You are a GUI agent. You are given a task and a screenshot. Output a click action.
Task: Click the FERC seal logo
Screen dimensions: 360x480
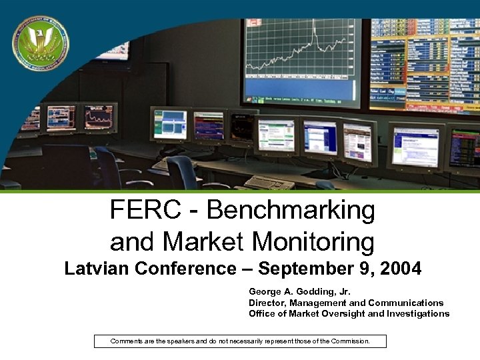click(40, 43)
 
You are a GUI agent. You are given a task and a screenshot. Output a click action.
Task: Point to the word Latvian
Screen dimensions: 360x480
click(97, 269)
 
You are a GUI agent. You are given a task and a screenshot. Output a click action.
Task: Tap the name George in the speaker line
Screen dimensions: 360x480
click(264, 291)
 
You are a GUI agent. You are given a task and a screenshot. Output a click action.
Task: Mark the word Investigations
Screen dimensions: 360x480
click(418, 313)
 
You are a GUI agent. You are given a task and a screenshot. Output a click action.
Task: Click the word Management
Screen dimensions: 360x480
click(319, 303)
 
